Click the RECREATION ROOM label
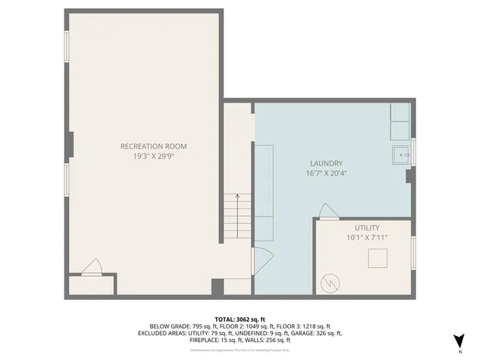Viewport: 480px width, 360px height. (x=154, y=146)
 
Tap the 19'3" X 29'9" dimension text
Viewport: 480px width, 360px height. (x=154, y=157)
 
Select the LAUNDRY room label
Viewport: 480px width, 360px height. (x=326, y=163)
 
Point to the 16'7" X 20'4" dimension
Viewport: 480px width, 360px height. (x=326, y=174)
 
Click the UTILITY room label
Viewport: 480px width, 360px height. (x=367, y=227)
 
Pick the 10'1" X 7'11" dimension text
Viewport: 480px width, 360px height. (x=367, y=238)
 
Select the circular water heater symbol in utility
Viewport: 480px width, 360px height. (x=330, y=283)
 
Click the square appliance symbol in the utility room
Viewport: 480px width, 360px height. (x=377, y=258)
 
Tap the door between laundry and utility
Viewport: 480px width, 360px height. (x=326, y=211)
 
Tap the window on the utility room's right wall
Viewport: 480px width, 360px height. (x=413, y=251)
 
